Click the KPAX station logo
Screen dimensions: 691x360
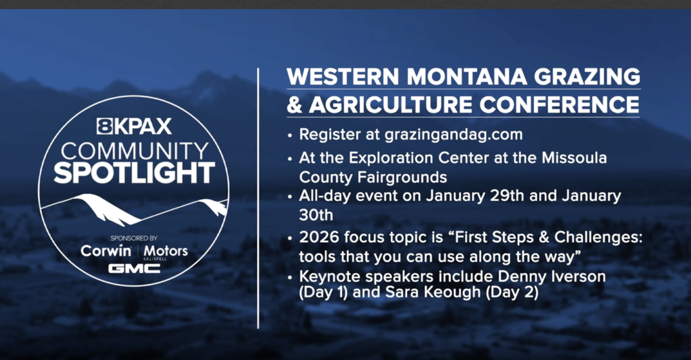(x=134, y=126)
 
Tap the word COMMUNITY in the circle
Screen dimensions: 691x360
(x=135, y=151)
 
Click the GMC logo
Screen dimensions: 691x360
(x=134, y=269)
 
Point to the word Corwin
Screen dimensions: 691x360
(x=106, y=251)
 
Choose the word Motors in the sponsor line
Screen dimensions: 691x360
(x=166, y=251)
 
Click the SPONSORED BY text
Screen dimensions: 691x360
(x=134, y=238)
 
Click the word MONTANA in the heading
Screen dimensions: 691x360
(x=467, y=77)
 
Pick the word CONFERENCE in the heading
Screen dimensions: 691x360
(x=559, y=105)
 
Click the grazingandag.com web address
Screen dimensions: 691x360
(x=453, y=135)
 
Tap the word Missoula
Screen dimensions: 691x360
(x=574, y=158)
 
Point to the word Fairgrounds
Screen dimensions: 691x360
(x=402, y=178)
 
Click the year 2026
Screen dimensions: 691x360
(x=319, y=237)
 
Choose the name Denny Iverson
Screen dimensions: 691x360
(x=552, y=276)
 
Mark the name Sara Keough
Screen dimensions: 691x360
(x=433, y=293)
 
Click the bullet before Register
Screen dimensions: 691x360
(x=289, y=135)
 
